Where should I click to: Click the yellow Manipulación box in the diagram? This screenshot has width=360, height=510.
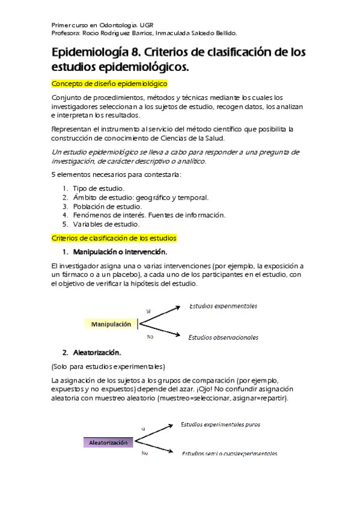pyautogui.click(x=111, y=324)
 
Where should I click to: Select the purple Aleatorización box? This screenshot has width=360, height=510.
pyautogui.click(x=108, y=443)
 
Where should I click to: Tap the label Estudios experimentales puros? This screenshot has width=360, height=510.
pyautogui.click(x=221, y=425)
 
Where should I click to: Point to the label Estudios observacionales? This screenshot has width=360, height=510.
pyautogui.click(x=223, y=337)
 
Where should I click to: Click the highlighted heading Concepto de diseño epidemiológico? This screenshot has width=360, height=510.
pyautogui.click(x=109, y=84)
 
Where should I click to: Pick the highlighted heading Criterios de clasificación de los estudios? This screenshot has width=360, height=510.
pyautogui.click(x=114, y=238)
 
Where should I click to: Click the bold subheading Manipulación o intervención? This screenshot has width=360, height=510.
pyautogui.click(x=120, y=251)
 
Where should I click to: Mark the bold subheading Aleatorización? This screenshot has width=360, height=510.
pyautogui.click(x=96, y=352)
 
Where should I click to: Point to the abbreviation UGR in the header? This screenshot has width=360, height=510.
pyautogui.click(x=147, y=25)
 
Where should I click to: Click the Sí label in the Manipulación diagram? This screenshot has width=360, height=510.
pyautogui.click(x=148, y=311)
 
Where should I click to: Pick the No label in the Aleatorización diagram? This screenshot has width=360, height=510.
pyautogui.click(x=145, y=453)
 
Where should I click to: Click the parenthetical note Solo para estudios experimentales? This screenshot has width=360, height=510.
pyautogui.click(x=108, y=366)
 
